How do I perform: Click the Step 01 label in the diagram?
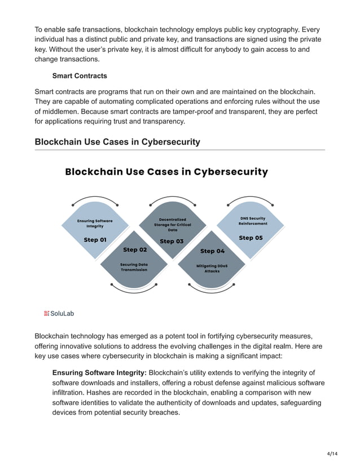point(95,240)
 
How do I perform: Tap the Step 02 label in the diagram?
point(135,249)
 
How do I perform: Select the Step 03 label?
point(171,241)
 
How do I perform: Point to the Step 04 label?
point(212,250)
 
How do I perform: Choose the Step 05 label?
point(251,238)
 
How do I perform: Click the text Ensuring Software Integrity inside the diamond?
point(95,223)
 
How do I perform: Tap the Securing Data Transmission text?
point(134,267)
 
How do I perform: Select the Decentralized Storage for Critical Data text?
point(173,225)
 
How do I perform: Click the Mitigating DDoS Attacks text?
point(212,268)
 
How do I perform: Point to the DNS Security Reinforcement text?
point(252,221)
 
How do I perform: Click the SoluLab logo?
point(59,313)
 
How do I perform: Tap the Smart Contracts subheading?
point(80,76)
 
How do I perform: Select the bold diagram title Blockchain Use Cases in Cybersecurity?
point(166,172)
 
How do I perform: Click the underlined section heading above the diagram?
point(117,142)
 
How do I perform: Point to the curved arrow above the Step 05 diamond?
point(251,201)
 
